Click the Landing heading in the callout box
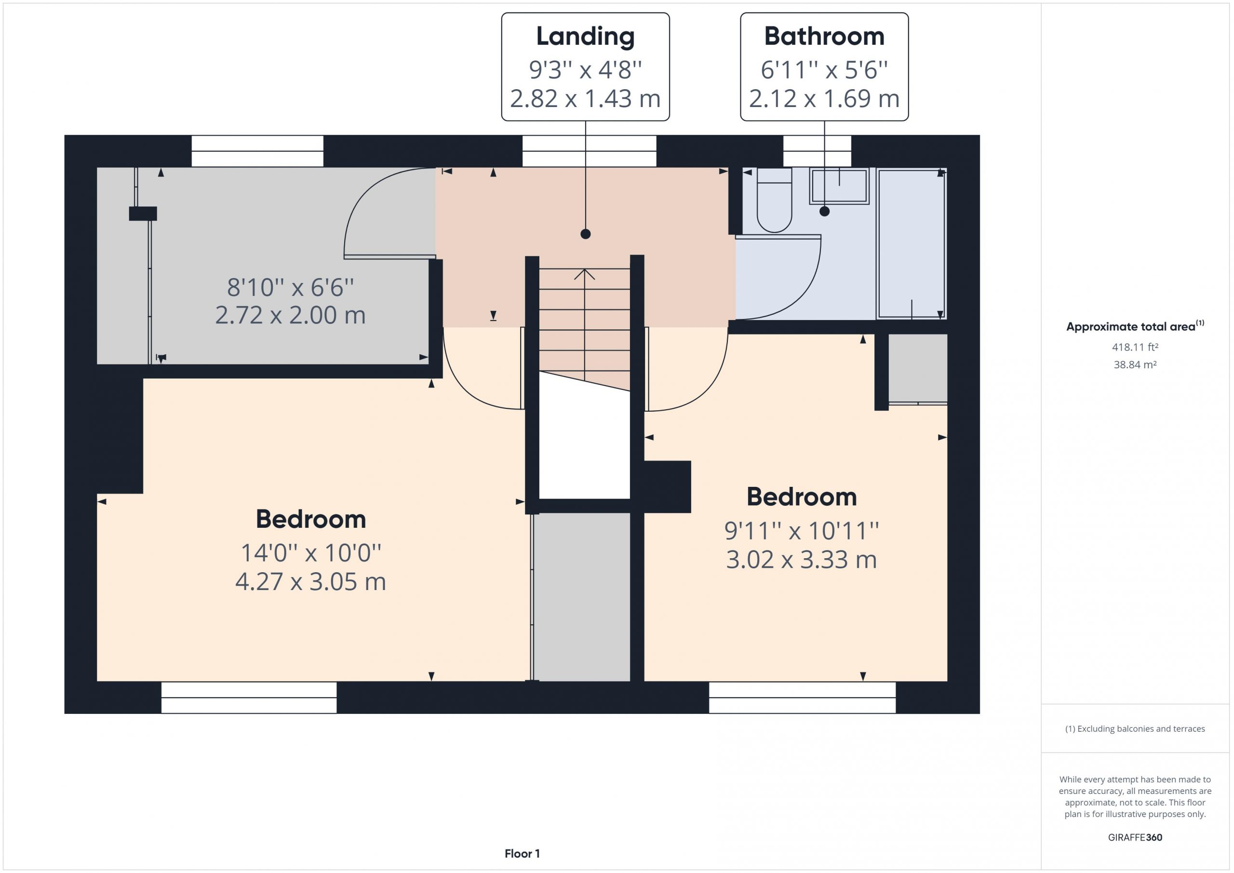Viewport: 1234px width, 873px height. tap(585, 37)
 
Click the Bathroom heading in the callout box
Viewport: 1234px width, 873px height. tap(824, 36)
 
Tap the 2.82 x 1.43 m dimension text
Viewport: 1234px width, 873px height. tap(585, 98)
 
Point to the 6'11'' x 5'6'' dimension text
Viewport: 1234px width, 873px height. tap(824, 70)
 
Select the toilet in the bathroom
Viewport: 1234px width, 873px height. tap(774, 200)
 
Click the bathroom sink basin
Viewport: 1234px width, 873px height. tap(839, 186)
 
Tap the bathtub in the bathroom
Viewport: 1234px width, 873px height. tap(911, 243)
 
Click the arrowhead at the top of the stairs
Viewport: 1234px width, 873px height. tap(584, 274)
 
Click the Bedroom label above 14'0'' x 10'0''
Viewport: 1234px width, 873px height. tap(310, 519)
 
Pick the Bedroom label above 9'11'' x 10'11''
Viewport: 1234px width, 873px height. tap(801, 497)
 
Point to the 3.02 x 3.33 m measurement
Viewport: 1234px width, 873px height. tap(801, 560)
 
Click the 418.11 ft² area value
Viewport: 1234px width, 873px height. tap(1135, 347)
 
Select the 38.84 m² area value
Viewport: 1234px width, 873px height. tap(1135, 364)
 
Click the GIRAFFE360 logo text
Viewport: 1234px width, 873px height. tap(1135, 837)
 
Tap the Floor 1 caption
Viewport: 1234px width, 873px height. tap(522, 854)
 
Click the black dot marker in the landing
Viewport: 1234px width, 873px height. tap(586, 234)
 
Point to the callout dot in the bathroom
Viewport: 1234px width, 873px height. tap(824, 211)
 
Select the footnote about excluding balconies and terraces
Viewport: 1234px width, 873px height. tap(1135, 729)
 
